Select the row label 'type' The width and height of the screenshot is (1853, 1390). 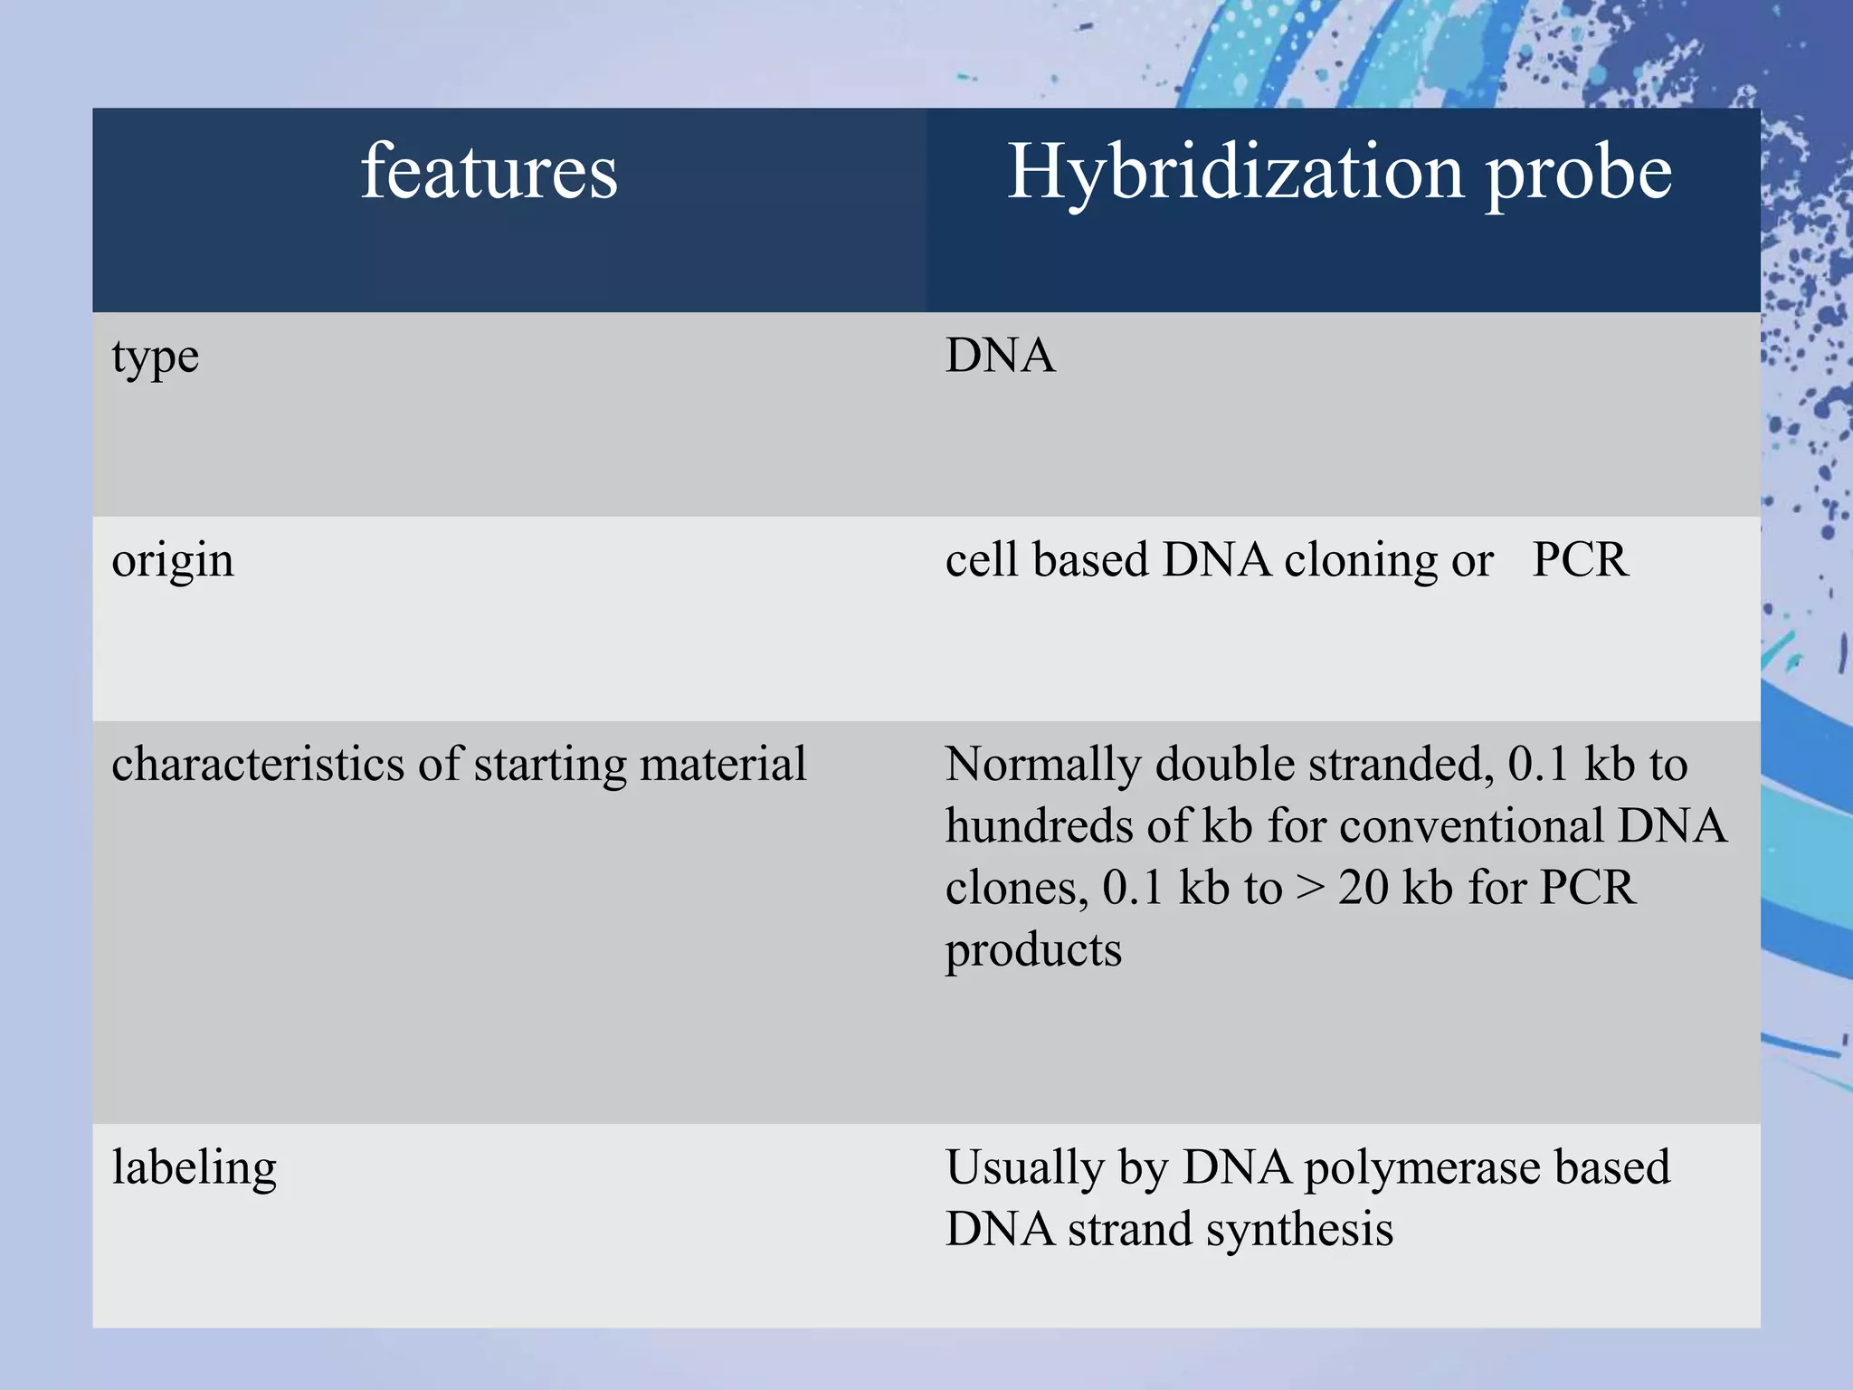(155, 357)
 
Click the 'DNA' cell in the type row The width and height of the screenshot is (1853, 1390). (1000, 355)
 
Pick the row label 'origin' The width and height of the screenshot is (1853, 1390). (172, 560)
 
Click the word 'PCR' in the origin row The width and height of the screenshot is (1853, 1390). (1580, 560)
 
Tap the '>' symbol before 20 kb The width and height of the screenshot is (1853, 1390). (1309, 889)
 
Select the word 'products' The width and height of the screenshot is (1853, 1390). (1033, 951)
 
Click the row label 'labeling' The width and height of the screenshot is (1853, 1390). (194, 1167)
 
